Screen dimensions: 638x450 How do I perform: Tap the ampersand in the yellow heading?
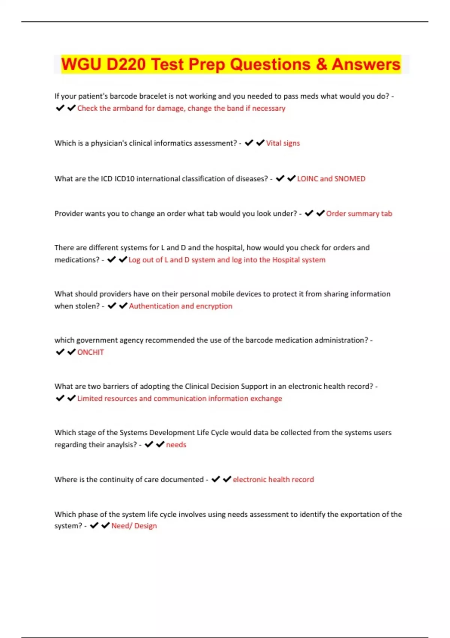[321, 65]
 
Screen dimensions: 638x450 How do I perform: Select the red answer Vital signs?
[283, 143]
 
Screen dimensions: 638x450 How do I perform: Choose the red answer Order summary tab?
[359, 214]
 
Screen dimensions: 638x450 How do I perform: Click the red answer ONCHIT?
[90, 352]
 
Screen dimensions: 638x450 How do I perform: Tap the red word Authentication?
[154, 306]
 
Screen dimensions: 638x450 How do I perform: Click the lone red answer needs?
[176, 445]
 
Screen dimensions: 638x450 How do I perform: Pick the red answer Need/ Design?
[134, 526]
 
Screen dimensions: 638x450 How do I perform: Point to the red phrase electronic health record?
[273, 479]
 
